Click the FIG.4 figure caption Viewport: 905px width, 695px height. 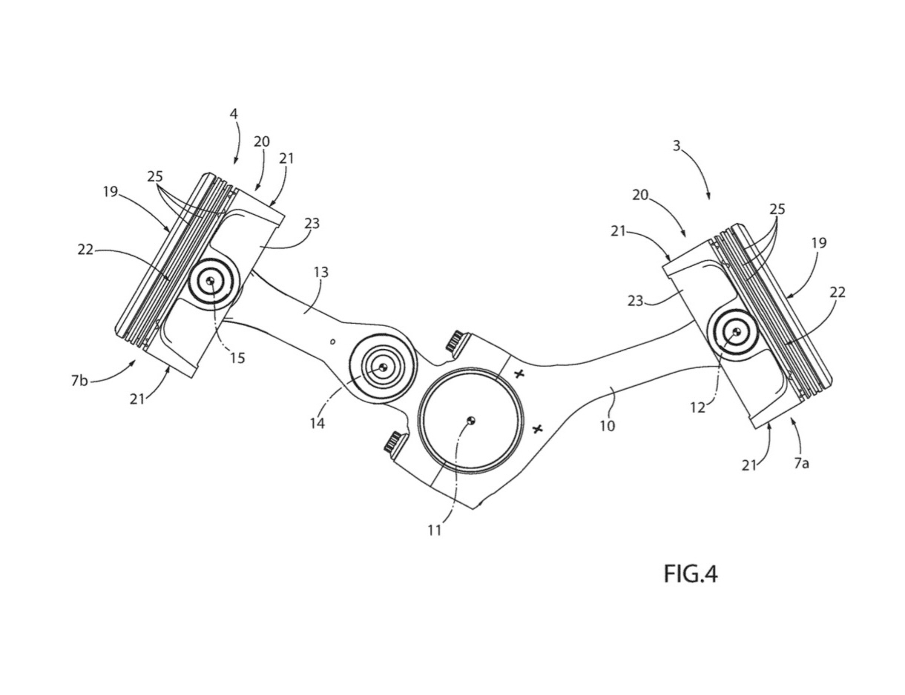coord(690,574)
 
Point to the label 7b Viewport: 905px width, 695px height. coord(79,380)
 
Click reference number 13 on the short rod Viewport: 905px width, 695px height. coord(321,272)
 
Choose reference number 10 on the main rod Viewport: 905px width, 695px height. coord(607,426)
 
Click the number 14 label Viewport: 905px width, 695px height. coord(318,423)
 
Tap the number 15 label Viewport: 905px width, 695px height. coord(238,358)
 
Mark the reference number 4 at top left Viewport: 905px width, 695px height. coord(234,114)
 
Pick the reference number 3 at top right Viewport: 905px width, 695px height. coord(676,146)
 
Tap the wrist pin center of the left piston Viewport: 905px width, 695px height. coord(211,281)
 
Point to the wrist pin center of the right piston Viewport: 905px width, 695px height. coord(736,331)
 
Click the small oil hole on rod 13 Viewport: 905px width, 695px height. coord(332,342)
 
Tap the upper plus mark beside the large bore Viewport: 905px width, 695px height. coord(518,374)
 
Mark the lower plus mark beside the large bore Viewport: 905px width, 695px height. coord(537,429)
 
